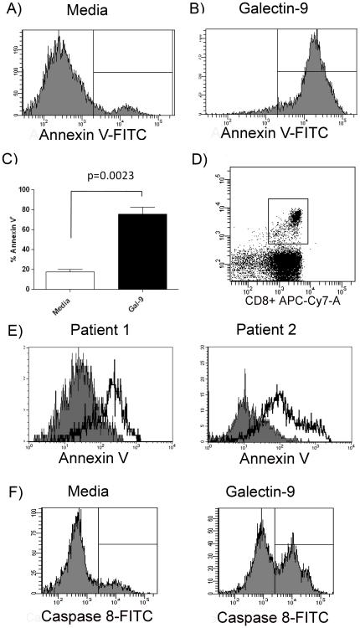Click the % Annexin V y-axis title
[x=12, y=239]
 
